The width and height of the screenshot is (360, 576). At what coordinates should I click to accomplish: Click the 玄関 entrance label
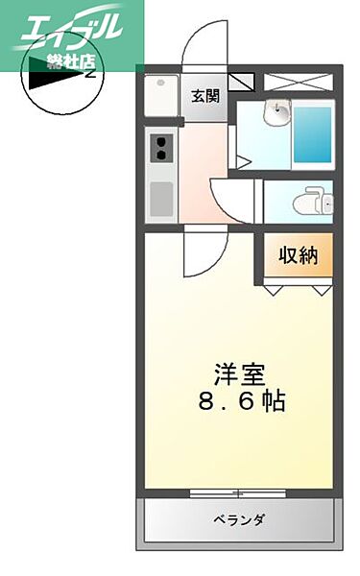[204, 96]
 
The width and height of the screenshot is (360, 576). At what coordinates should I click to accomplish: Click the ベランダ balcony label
[239, 519]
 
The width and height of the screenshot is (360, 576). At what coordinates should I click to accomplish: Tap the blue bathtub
[313, 133]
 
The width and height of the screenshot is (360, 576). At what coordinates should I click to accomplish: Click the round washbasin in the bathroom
[280, 114]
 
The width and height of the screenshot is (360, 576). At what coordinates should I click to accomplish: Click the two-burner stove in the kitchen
[159, 148]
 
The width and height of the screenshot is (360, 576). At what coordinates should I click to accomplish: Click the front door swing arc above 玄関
[203, 43]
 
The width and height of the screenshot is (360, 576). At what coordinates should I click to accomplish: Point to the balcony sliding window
[238, 493]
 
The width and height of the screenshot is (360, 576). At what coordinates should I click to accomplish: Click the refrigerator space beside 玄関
[159, 96]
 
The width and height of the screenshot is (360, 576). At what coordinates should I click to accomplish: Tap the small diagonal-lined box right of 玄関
[241, 82]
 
